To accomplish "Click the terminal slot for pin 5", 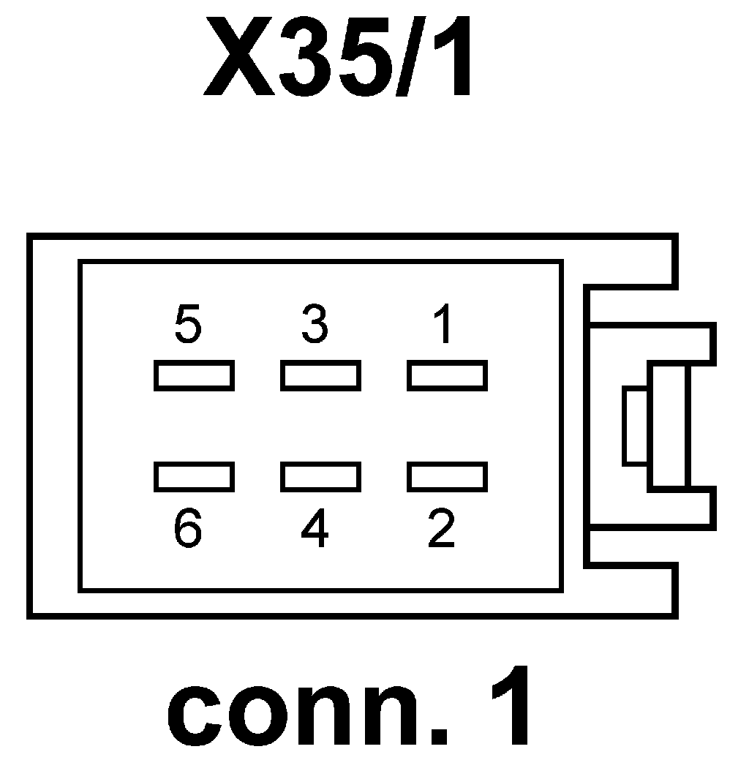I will [x=194, y=375].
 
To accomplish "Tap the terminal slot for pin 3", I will [x=320, y=375].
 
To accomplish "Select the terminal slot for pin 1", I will [x=447, y=375].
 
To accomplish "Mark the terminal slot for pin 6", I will [x=194, y=476].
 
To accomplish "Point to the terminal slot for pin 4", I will [x=320, y=476].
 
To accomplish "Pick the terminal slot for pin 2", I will [x=447, y=476].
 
